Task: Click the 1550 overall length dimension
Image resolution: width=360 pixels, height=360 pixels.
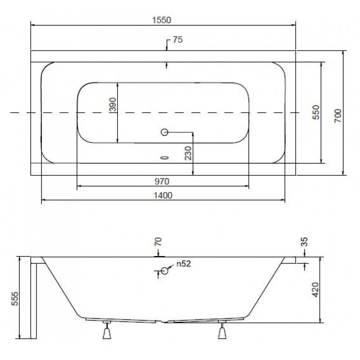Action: [162, 20]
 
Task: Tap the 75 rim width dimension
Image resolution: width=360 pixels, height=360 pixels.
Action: [178, 40]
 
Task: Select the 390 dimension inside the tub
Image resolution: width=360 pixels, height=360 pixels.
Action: [113, 104]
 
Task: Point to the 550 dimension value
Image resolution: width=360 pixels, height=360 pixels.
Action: [316, 112]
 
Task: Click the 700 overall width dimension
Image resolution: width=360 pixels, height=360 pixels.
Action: [338, 116]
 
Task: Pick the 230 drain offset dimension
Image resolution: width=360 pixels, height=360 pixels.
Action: [188, 153]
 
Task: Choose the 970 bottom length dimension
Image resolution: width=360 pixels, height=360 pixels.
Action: [162, 182]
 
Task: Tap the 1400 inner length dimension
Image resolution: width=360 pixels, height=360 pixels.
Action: [163, 196]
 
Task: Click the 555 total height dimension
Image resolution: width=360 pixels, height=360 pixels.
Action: [15, 299]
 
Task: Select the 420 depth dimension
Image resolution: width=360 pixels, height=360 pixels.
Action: [316, 290]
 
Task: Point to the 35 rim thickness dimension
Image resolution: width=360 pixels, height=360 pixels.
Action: [304, 242]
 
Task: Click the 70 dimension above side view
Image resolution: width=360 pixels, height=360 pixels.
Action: [158, 242]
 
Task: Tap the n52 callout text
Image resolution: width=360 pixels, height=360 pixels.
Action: [184, 264]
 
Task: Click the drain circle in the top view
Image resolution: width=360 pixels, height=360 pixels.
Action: [164, 132]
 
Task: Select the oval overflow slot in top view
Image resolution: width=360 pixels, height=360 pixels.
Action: [165, 158]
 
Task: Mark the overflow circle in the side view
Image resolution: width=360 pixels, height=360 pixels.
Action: [164, 271]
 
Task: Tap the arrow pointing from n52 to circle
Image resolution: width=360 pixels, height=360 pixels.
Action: [171, 267]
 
